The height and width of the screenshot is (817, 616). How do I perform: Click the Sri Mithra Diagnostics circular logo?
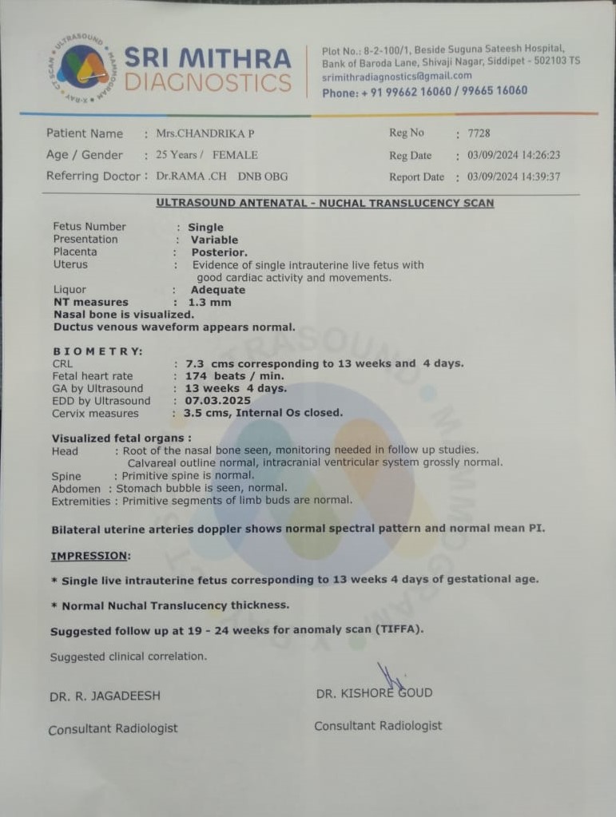82,67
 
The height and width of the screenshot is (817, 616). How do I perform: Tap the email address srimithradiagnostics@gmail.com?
396,77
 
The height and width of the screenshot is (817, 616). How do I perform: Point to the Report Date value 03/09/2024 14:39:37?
514,176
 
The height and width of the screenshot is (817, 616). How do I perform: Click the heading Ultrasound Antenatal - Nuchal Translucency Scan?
324,203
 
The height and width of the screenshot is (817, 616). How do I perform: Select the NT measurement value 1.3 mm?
209,303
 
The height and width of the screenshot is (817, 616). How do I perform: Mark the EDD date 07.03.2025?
217,401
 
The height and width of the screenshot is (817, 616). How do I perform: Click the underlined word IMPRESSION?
90,556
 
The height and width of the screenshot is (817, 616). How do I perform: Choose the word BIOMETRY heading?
98,351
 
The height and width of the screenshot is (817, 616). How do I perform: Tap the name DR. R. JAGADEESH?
105,696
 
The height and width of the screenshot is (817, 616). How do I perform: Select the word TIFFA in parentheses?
397,630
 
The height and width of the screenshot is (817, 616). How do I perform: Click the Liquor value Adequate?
217,290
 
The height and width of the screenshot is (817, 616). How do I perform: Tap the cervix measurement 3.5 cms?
201,413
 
